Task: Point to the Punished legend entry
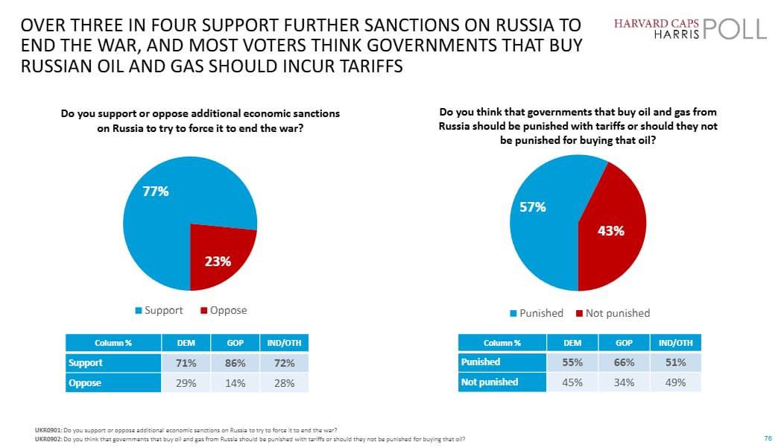click(537, 313)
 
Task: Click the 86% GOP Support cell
click(235, 363)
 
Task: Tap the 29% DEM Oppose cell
click(186, 383)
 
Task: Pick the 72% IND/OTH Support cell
click(284, 363)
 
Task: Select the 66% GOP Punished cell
click(624, 362)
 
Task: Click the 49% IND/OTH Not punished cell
click(676, 382)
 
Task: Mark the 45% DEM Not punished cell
click(572, 382)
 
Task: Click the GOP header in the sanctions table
click(235, 343)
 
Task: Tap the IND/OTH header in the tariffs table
click(676, 343)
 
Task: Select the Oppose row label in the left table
click(85, 383)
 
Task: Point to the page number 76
click(768, 438)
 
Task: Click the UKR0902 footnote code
click(48, 438)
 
